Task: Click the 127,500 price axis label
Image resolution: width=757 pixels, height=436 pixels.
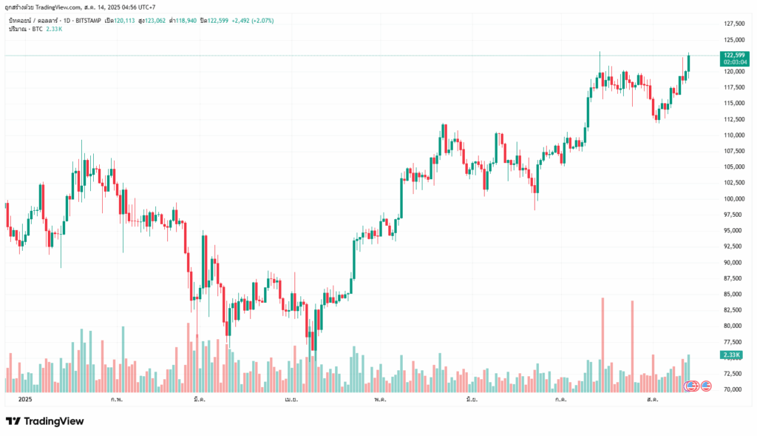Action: pyautogui.click(x=733, y=23)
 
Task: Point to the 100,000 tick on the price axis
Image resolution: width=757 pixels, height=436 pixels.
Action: pyautogui.click(x=733, y=198)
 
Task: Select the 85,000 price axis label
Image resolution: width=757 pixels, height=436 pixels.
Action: pyautogui.click(x=733, y=294)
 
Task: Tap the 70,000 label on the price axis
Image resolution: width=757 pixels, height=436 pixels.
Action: pyautogui.click(x=733, y=389)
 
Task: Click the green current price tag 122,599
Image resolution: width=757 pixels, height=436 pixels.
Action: pyautogui.click(x=733, y=55)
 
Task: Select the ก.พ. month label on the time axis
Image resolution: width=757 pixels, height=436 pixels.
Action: pyautogui.click(x=117, y=399)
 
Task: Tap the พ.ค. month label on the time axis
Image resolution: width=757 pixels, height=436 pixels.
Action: pyautogui.click(x=380, y=399)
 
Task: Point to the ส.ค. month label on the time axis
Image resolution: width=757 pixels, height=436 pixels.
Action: pyautogui.click(x=652, y=399)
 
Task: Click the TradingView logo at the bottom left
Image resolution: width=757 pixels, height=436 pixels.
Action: pyautogui.click(x=45, y=421)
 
